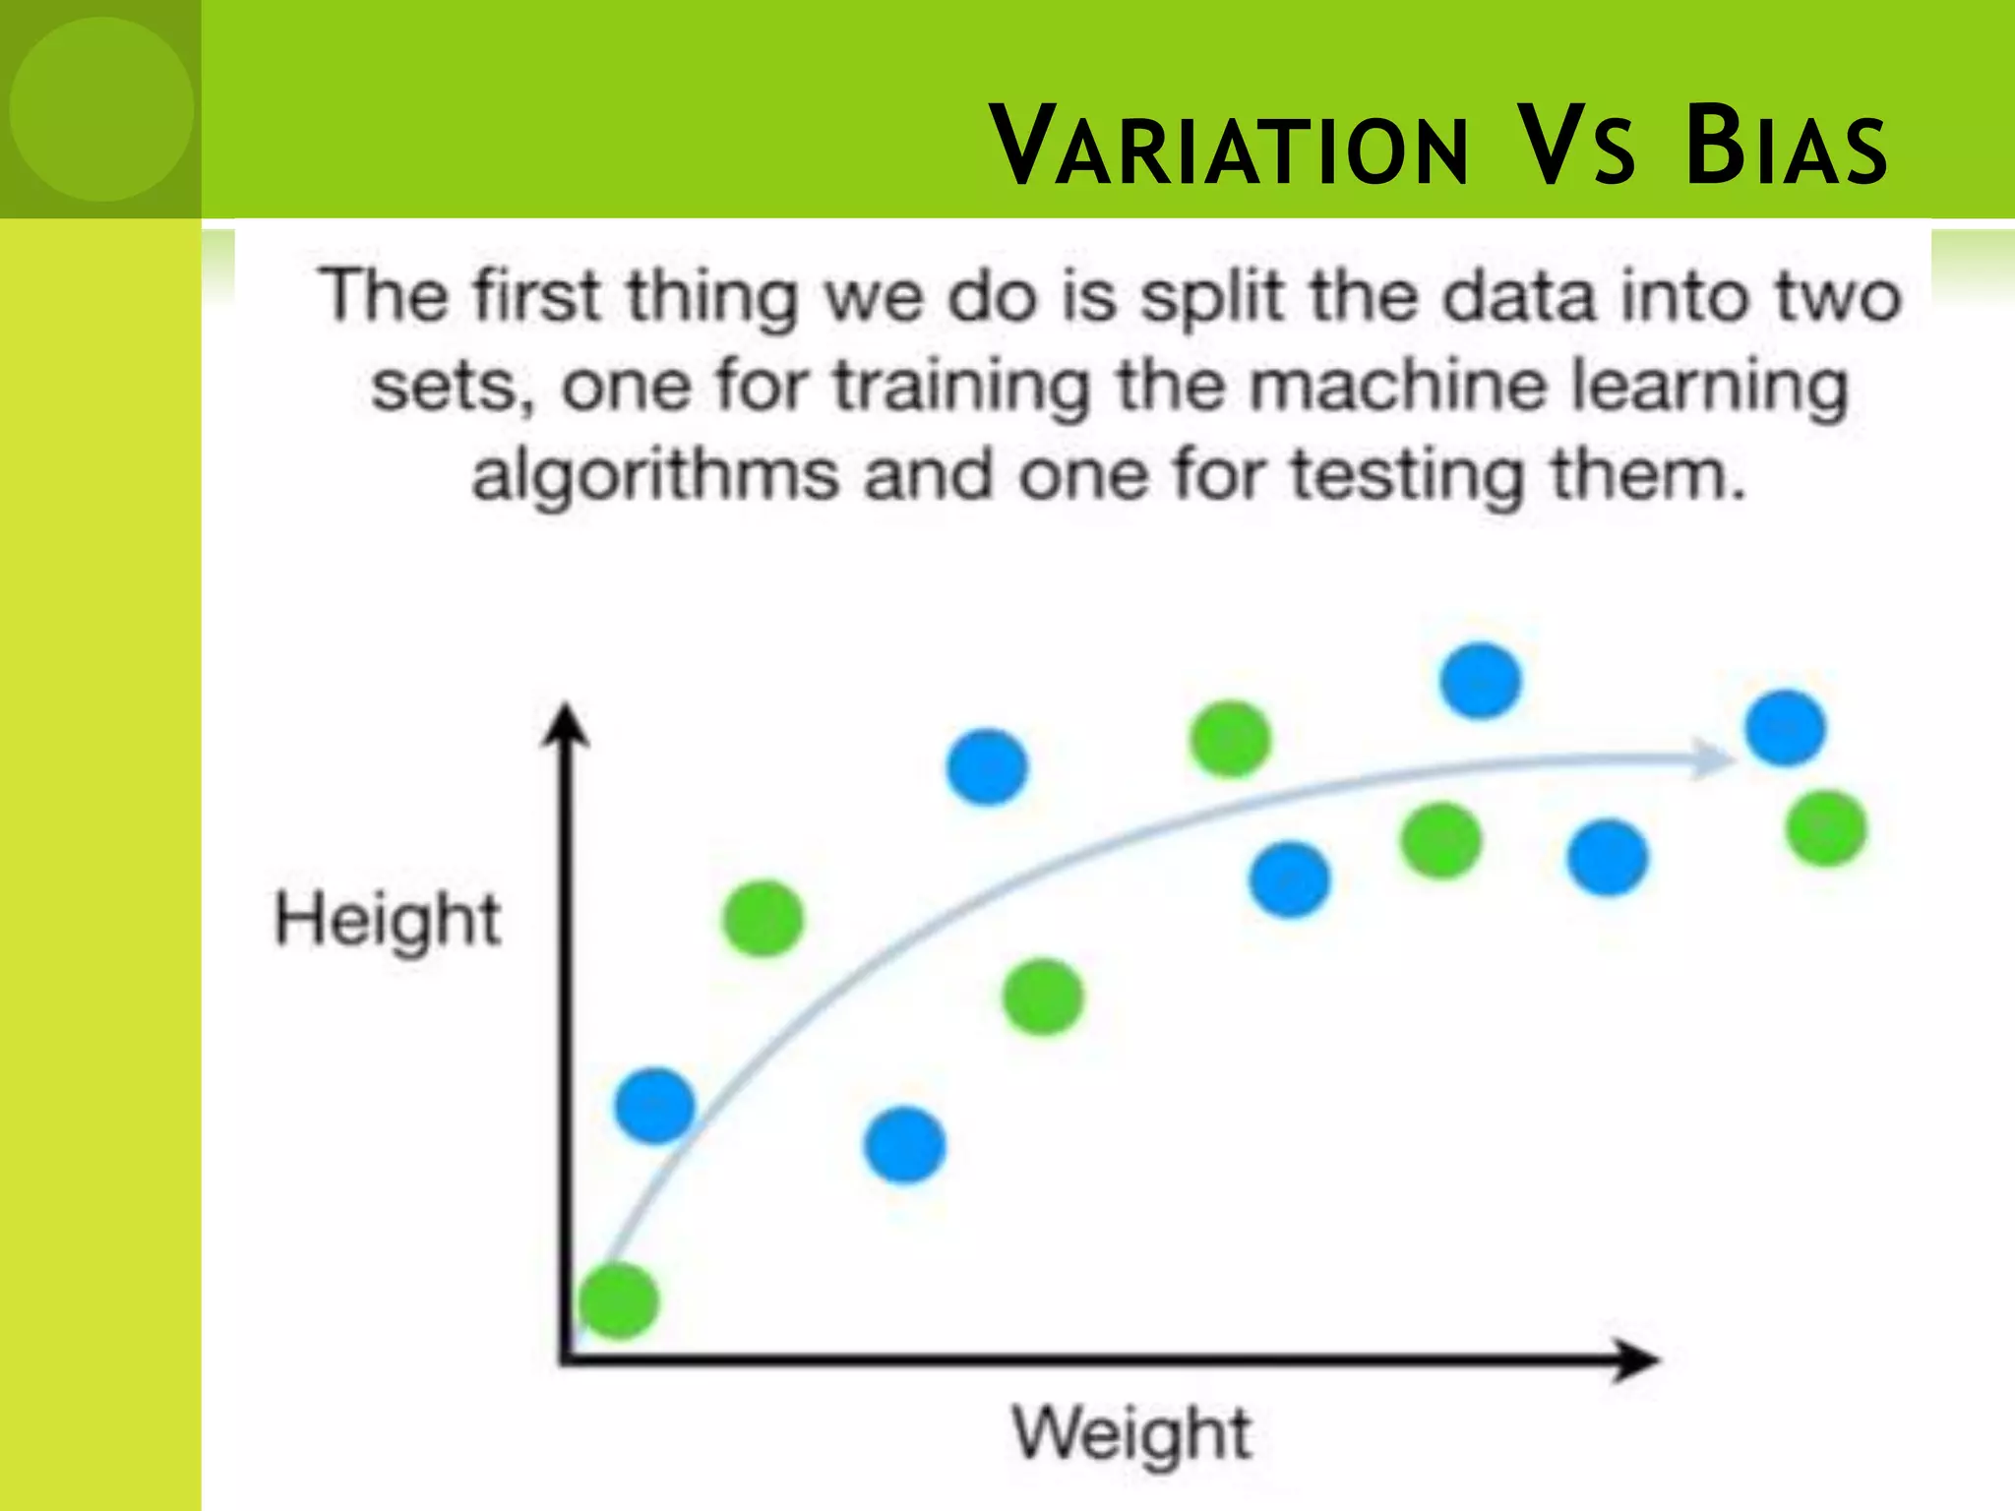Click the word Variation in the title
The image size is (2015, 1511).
coord(1229,148)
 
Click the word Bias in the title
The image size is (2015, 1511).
coord(1785,148)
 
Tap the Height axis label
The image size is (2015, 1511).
coord(388,920)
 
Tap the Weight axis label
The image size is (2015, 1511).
coord(1132,1433)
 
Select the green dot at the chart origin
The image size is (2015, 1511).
coord(619,1300)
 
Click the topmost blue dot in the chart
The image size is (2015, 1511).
coord(1480,681)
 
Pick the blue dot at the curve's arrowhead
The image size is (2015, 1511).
coord(1785,728)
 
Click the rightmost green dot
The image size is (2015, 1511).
coord(1826,828)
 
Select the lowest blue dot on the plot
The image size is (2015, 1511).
coord(905,1144)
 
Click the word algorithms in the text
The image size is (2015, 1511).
coord(657,476)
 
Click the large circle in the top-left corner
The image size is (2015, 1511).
coord(101,108)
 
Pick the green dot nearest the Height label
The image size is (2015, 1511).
coord(763,919)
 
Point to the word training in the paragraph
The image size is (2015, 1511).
coord(961,388)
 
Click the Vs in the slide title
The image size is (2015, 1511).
coord(1577,148)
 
